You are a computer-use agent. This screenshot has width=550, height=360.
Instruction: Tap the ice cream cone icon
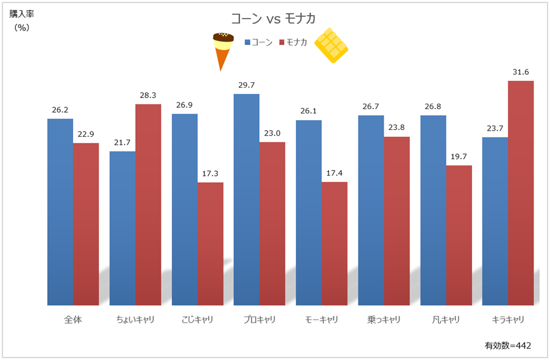[223, 50]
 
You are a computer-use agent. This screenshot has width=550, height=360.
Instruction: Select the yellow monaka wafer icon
[331, 45]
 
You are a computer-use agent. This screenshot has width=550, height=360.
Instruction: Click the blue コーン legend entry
[258, 42]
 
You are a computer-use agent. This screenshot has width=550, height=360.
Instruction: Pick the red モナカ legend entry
[293, 42]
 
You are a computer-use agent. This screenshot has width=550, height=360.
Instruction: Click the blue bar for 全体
[60, 212]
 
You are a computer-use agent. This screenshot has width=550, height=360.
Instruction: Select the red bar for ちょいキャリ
[148, 204]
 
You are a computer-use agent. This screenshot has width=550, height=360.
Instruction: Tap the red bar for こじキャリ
[211, 243]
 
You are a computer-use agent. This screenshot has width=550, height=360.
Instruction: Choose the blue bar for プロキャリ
[247, 199]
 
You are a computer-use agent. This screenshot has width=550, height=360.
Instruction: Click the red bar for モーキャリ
[335, 243]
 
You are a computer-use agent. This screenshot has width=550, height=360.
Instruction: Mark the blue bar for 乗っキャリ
[371, 210]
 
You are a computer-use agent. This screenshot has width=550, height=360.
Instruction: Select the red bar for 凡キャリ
[459, 235]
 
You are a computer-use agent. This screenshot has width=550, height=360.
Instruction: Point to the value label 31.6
[521, 72]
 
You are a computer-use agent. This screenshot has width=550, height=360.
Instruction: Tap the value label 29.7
[247, 85]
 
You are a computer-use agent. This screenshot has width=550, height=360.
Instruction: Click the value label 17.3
[211, 174]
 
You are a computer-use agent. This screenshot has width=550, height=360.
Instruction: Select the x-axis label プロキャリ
[260, 320]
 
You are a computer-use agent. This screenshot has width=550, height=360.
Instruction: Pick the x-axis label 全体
[73, 320]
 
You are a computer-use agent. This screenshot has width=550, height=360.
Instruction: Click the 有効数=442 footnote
[508, 345]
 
